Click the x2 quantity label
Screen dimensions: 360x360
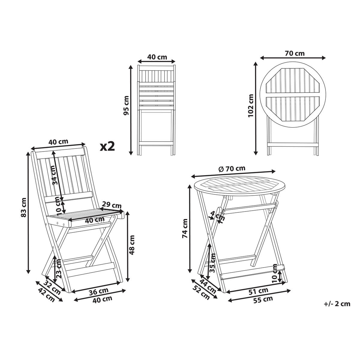107,146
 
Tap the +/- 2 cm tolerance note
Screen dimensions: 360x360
337,304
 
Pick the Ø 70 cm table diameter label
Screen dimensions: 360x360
232,169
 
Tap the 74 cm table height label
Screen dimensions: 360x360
185,228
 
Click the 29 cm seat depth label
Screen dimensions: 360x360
112,205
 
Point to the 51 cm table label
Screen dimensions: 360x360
258,291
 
